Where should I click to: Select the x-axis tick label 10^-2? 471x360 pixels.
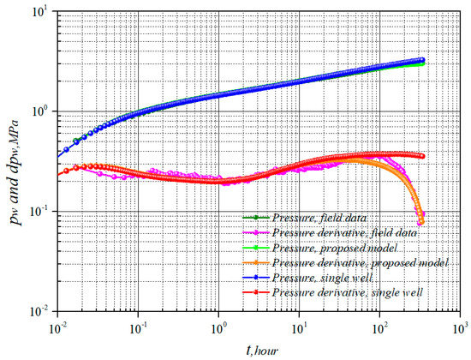pos(57,326)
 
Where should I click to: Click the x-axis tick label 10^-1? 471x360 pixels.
pos(138,326)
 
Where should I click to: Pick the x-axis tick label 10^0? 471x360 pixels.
pos(219,326)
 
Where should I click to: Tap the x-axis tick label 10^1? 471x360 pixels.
pos(300,326)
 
